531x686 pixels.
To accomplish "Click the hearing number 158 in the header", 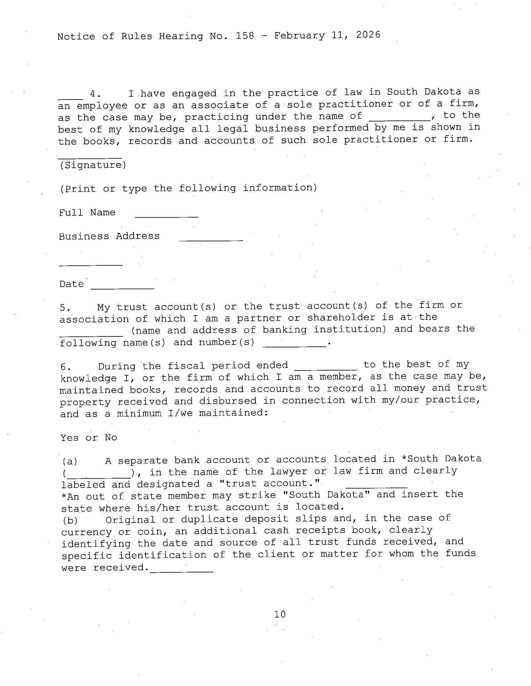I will [245, 36].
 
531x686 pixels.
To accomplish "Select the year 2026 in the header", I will [368, 34].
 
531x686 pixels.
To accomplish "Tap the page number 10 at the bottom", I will [280, 614].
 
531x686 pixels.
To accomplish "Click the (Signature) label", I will [93, 165].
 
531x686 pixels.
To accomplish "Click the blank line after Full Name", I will [167, 217].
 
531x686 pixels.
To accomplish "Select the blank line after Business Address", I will [211, 240].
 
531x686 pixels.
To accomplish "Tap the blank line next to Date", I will [122, 288].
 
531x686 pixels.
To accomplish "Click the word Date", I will [72, 284].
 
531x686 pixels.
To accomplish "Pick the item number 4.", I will [95, 94].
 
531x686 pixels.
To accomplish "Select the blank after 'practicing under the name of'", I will [400, 120].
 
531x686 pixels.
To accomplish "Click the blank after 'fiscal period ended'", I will [326, 369].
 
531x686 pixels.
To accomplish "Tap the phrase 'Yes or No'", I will [89, 438].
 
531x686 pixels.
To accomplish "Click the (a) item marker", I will [70, 461].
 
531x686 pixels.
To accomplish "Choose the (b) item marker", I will [70, 520].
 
